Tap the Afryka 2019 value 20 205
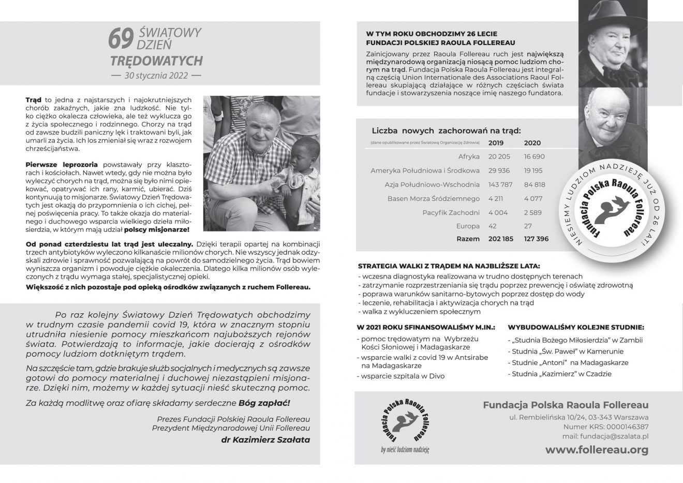[499, 156]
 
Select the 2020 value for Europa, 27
[528, 226]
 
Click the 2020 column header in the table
[532, 143]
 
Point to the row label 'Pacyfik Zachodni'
[451, 212]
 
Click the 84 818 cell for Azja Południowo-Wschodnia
[534, 184]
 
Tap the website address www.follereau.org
[597, 449]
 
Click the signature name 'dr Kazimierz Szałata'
[265, 440]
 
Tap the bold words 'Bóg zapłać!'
[264, 402]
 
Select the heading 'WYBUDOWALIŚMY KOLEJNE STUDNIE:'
[576, 327]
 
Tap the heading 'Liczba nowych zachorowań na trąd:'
[446, 130]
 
